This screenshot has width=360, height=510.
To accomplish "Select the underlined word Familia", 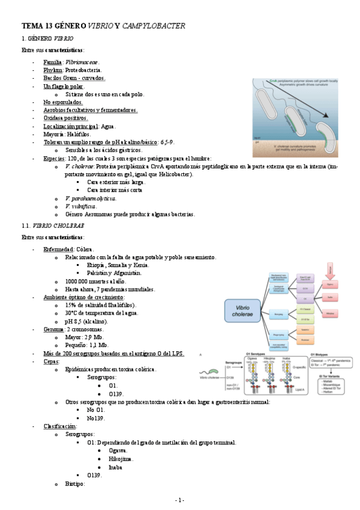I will coord(53,62).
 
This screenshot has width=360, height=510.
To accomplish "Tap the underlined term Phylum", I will coord(53,70).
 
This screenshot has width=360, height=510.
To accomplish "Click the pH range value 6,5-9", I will coord(166,142).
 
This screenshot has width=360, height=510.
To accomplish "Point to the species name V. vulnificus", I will coord(80,206).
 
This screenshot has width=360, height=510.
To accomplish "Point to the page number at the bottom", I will coord(180,500).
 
